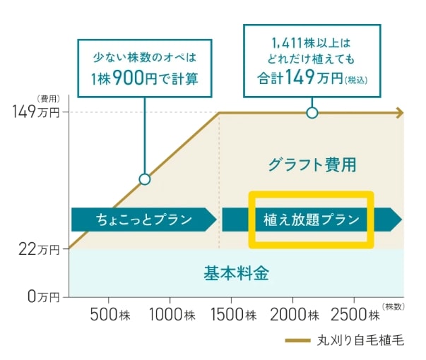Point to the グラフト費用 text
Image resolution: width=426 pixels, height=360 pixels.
point(312,166)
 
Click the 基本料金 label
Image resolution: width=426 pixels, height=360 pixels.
point(236,272)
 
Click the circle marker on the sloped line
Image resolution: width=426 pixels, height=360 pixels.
point(145,179)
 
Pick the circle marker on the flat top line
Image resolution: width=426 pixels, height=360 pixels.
point(312,112)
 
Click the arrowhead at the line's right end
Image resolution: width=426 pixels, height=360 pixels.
point(399,112)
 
